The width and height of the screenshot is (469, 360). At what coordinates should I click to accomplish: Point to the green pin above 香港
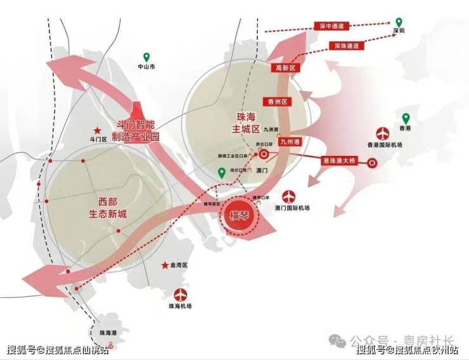point(406,118)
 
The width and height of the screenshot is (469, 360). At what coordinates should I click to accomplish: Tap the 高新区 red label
point(285,67)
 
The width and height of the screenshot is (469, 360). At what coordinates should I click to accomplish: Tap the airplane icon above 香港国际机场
point(382,134)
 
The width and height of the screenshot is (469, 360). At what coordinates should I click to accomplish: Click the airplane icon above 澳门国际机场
point(290,195)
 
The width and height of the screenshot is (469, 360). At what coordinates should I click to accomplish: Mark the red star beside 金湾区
point(164,265)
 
